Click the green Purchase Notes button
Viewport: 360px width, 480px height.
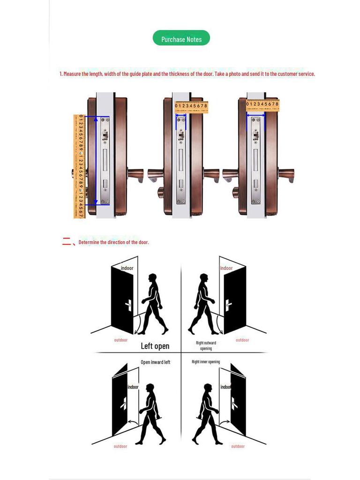181,38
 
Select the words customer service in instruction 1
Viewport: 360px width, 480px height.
296,74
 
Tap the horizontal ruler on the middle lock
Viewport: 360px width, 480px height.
191,107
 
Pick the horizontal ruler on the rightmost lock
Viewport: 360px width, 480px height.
262,105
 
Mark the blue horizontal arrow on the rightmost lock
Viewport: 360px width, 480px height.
255,114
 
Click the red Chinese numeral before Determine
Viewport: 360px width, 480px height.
67,242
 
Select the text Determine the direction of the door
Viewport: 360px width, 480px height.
113,242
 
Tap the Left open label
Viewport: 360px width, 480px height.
155,346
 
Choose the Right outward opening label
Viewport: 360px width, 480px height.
206,345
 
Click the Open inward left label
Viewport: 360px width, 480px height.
155,362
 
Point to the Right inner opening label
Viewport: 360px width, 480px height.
205,362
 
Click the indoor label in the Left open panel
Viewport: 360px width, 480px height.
127,268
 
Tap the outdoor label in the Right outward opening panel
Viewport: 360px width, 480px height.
242,340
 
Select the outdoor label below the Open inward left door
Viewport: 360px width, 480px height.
120,446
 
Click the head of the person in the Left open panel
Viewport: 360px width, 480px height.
152,278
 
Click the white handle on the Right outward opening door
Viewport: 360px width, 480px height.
228,305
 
